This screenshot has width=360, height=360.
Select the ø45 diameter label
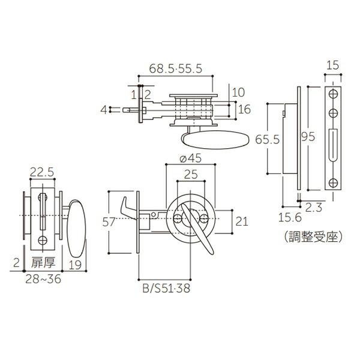coord(190,159)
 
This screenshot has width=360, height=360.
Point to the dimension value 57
coord(109,221)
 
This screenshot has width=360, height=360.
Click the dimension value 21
coord(241,221)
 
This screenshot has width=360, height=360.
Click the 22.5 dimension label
coord(42,173)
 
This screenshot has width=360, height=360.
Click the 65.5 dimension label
coord(267,140)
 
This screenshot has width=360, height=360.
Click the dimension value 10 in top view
coord(238,92)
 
